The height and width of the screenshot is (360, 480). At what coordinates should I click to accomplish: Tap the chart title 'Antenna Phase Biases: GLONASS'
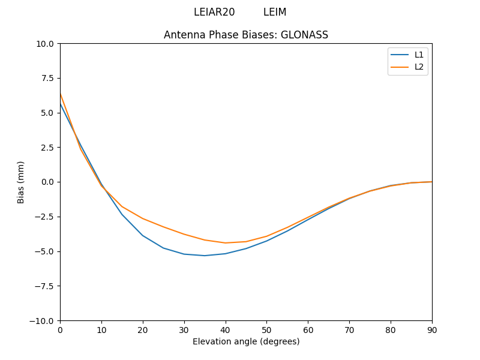pos(246,35)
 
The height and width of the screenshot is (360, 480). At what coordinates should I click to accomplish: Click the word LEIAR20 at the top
pos(214,12)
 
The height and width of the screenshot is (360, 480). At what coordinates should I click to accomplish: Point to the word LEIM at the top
pos(275,12)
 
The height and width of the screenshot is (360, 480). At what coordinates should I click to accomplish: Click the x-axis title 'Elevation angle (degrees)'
pos(246,341)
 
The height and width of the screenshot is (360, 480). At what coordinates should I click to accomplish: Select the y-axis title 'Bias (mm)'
pos(21,182)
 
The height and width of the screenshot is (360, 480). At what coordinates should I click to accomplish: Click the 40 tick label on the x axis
pos(225,330)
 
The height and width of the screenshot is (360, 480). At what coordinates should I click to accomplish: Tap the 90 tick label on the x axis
pos(431,330)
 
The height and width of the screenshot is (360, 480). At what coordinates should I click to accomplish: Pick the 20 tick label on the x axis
pos(143,330)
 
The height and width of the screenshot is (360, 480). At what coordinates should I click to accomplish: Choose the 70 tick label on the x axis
pos(349,330)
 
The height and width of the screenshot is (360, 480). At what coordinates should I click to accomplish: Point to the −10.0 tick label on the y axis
pos(43,320)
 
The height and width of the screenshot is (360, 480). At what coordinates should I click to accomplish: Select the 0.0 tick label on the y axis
pos(48,182)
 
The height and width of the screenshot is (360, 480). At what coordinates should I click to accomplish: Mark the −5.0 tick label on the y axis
pos(46,251)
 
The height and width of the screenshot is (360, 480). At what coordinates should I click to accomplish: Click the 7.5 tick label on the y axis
pos(48,78)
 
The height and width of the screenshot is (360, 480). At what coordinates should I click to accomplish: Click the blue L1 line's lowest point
pos(205,256)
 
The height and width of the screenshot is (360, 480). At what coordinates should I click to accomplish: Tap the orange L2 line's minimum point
pos(226,243)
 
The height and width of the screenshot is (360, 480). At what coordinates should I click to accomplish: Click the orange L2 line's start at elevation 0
pos(60,94)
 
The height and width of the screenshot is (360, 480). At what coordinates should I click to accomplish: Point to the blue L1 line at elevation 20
pos(143,235)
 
